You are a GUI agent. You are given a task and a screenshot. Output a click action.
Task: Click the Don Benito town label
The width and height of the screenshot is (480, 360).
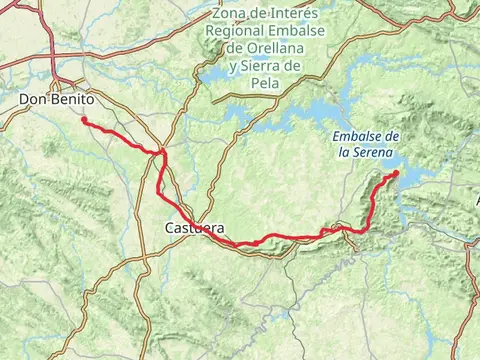(56, 100)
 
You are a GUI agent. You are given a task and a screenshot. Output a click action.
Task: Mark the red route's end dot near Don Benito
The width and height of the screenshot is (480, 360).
(84, 121)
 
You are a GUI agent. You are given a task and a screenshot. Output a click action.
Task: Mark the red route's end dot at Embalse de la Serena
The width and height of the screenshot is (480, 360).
(396, 173)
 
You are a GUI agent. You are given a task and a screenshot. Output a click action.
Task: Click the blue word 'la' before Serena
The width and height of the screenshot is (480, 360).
(344, 153)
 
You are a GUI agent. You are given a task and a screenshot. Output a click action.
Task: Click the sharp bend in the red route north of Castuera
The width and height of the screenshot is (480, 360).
(161, 153)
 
